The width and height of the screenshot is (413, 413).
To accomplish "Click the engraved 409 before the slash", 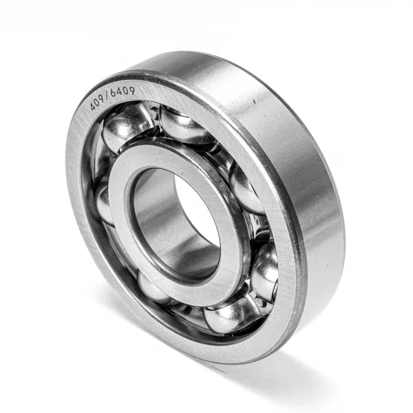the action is pyautogui.click(x=97, y=103).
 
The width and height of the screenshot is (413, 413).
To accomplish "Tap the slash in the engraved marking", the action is pyautogui.click(x=107, y=96).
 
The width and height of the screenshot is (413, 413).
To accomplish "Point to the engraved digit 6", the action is pyautogui.click(x=114, y=93).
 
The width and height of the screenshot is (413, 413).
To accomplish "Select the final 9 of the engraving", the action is pyautogui.click(x=131, y=90).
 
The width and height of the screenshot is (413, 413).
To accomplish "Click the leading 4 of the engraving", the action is pyautogui.click(x=92, y=105).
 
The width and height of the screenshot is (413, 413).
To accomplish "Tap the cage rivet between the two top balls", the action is pyautogui.click(x=153, y=113).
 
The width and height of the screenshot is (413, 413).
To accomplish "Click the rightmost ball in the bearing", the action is pyautogui.click(x=265, y=271).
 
